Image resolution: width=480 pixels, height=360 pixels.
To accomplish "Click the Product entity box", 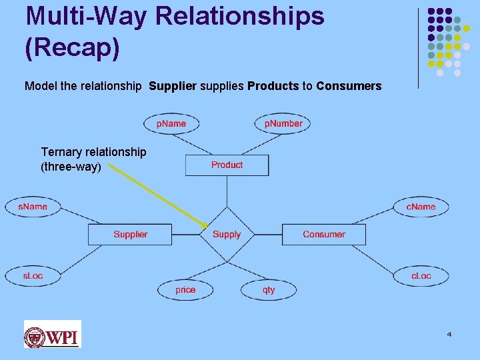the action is (x=227, y=165).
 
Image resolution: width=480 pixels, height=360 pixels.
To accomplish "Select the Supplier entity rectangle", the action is (x=130, y=235).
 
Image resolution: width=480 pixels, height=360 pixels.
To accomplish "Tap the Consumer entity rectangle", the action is (x=324, y=235).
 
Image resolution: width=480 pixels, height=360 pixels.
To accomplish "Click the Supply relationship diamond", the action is (x=227, y=235).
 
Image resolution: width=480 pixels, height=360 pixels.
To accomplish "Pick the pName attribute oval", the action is (x=171, y=123).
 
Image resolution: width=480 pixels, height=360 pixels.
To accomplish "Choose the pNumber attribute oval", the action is (x=283, y=123).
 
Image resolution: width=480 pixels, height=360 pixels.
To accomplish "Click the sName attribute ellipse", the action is (x=33, y=207).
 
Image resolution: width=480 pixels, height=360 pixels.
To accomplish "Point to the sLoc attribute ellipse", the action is (x=33, y=275).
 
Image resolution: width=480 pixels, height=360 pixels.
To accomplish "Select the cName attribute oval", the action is (x=421, y=207).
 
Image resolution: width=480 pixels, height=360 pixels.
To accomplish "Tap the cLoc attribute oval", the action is (x=421, y=275).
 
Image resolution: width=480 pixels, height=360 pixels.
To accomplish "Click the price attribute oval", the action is (x=185, y=290).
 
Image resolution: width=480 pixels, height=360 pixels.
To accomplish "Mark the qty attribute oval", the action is (x=269, y=290).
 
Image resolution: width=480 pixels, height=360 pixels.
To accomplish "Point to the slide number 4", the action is (x=449, y=333).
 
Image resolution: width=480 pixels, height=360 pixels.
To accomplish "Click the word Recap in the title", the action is (x=73, y=48).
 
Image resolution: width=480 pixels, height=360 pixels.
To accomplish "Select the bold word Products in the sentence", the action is (x=273, y=86).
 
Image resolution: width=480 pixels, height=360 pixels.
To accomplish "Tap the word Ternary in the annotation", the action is (x=63, y=153).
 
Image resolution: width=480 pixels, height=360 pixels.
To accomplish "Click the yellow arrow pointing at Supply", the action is (x=157, y=196).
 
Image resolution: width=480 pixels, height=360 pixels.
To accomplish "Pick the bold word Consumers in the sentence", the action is (x=349, y=86).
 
